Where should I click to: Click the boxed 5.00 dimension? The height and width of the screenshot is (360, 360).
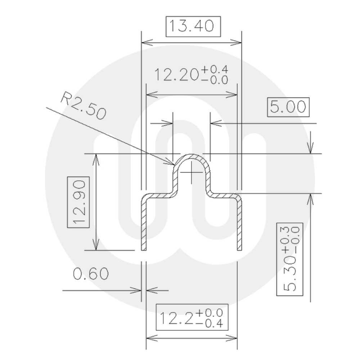pyautogui.click(x=288, y=107)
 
